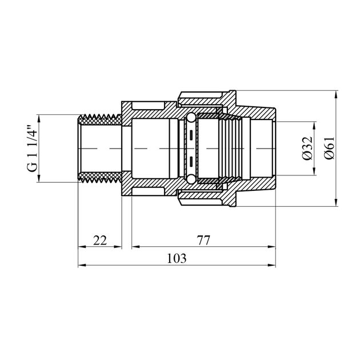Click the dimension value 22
coord(100,241)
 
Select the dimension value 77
coord(203,241)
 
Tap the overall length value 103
coord(177,258)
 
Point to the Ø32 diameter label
coord(307,149)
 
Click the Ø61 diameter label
coord(330,149)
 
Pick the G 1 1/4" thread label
coord(32,149)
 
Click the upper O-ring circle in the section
coord(190,118)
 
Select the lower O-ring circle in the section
coord(190,179)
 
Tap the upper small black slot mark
coord(190,135)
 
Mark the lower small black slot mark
coord(190,161)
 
